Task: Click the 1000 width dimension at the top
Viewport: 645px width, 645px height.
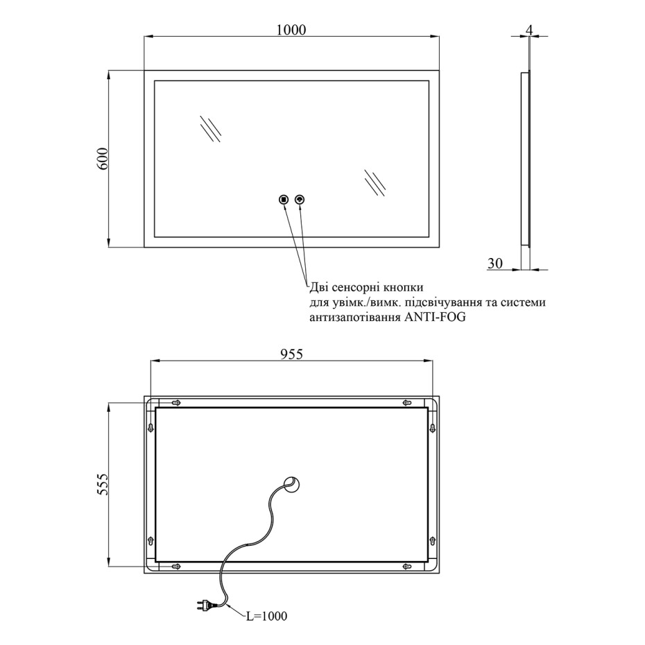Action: (291, 29)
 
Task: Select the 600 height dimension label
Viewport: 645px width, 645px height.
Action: (101, 160)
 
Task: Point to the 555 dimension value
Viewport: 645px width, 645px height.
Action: (101, 485)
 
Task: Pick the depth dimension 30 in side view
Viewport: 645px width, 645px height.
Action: (495, 263)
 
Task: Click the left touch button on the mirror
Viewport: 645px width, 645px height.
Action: (284, 200)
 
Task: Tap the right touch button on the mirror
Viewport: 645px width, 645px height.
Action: (300, 200)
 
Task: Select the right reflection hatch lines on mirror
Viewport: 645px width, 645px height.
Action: (375, 182)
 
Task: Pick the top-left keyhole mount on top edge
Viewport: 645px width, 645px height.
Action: (176, 402)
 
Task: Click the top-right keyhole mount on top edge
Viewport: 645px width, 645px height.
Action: (407, 402)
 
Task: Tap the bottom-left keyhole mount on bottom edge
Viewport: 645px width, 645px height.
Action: (176, 567)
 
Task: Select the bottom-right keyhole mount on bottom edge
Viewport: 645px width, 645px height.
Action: (407, 567)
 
